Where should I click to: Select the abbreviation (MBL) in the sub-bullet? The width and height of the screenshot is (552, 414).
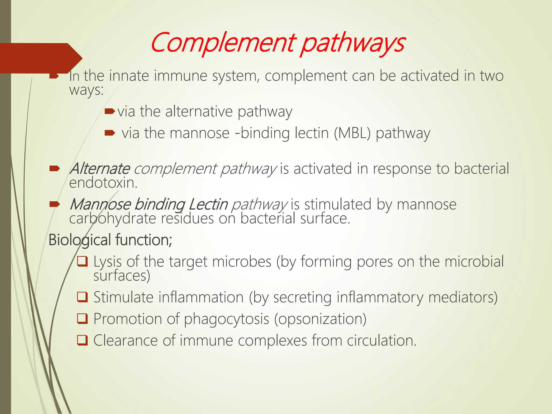pyautogui.click(x=352, y=133)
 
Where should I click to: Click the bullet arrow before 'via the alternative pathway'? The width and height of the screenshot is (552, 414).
pyautogui.click(x=109, y=111)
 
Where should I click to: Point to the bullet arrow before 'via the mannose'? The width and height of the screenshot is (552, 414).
pyautogui.click(x=109, y=133)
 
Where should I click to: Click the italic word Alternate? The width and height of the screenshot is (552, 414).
pyautogui.click(x=100, y=169)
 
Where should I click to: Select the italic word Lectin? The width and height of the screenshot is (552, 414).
pyautogui.click(x=208, y=204)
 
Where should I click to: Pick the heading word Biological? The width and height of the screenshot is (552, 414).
pyautogui.click(x=80, y=240)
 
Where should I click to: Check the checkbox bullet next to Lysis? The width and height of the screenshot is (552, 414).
pyautogui.click(x=82, y=261)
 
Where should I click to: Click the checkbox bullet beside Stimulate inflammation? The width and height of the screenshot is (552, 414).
pyautogui.click(x=82, y=297)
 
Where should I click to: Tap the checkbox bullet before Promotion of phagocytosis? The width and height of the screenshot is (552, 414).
pyautogui.click(x=82, y=319)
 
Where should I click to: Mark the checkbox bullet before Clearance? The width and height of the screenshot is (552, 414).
pyautogui.click(x=82, y=340)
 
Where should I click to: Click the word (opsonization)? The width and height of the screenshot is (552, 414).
pyautogui.click(x=320, y=319)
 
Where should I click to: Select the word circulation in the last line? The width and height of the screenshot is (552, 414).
pyautogui.click(x=381, y=341)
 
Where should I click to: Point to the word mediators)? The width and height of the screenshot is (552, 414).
pyautogui.click(x=463, y=298)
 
